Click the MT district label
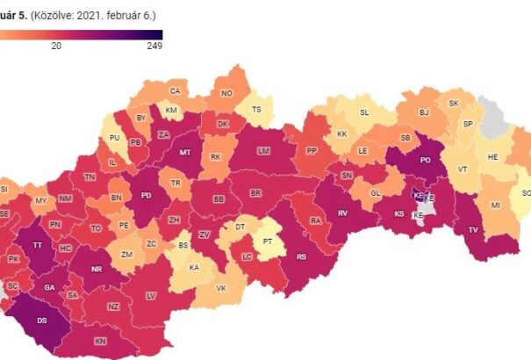coord(185,152)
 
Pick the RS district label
coord(301,257)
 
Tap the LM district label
coord(262,151)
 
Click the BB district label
coord(219,200)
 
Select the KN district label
coord(100,340)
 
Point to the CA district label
coord(175,91)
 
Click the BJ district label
coord(424,112)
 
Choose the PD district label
coord(146,195)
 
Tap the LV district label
coord(151,296)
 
